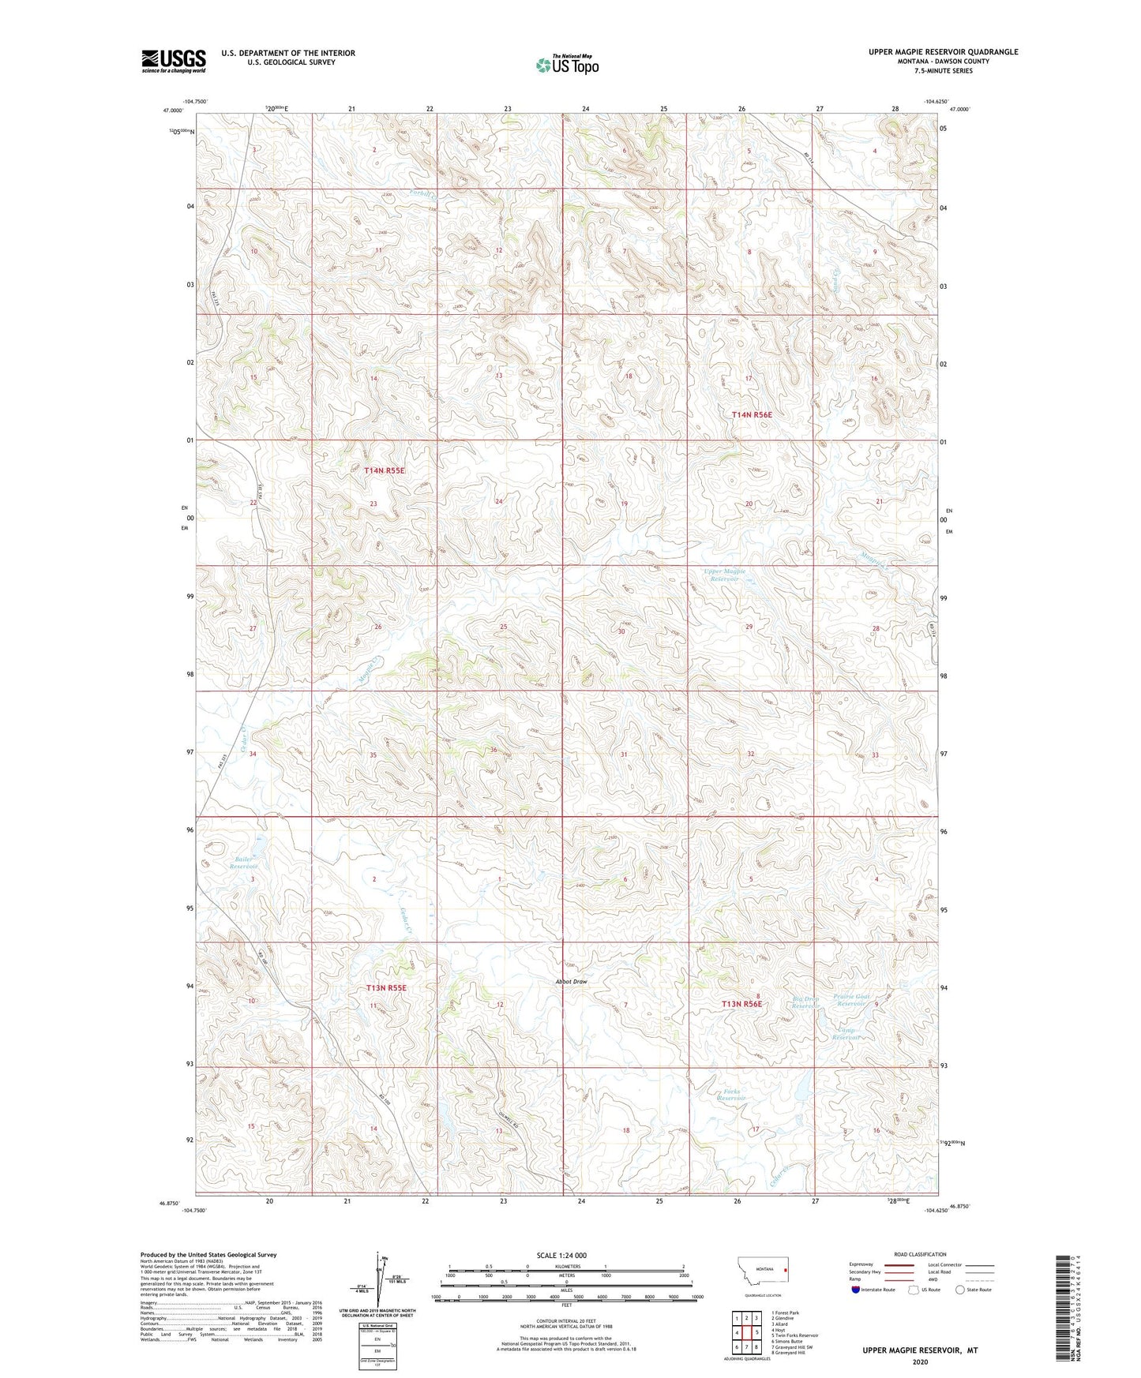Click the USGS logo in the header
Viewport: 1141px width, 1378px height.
[x=173, y=60]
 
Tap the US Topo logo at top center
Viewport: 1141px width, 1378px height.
[x=567, y=64]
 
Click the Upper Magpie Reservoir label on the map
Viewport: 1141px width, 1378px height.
[x=724, y=575]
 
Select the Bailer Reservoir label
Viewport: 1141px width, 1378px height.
[x=243, y=862]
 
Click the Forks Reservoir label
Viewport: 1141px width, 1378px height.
[x=730, y=1095]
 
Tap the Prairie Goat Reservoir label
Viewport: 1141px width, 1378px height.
[x=851, y=1000]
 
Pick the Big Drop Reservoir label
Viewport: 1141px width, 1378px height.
[x=806, y=1002]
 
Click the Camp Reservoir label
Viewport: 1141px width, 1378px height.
[x=846, y=1034]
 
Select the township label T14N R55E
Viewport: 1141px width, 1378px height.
[x=384, y=470]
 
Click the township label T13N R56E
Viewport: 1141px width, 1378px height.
[x=741, y=1004]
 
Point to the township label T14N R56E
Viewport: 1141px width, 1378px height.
[x=752, y=414]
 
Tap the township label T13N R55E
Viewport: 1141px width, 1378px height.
[x=385, y=987]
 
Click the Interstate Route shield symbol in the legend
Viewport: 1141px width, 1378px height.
[x=856, y=1290]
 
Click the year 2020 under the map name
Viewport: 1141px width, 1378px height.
[x=920, y=1361]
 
